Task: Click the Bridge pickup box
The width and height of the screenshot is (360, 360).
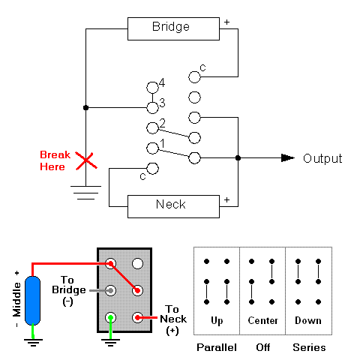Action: (171, 28)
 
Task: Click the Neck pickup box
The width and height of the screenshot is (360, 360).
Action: (171, 205)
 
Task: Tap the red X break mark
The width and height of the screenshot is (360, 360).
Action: (87, 160)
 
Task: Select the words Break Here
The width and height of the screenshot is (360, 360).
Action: (55, 160)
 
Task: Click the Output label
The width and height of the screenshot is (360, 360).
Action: (322, 158)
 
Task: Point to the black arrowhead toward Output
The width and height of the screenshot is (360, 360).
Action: (287, 157)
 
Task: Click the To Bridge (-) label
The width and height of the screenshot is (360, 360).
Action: (72, 289)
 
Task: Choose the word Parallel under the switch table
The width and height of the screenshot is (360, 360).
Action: (216, 348)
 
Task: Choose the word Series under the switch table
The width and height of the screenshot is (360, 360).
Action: (308, 348)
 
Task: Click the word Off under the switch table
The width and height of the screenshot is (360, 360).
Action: (262, 348)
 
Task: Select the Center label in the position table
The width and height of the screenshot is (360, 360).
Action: (262, 320)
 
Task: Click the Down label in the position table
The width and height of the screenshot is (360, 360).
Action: (308, 320)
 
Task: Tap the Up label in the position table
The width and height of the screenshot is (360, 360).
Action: (216, 320)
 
